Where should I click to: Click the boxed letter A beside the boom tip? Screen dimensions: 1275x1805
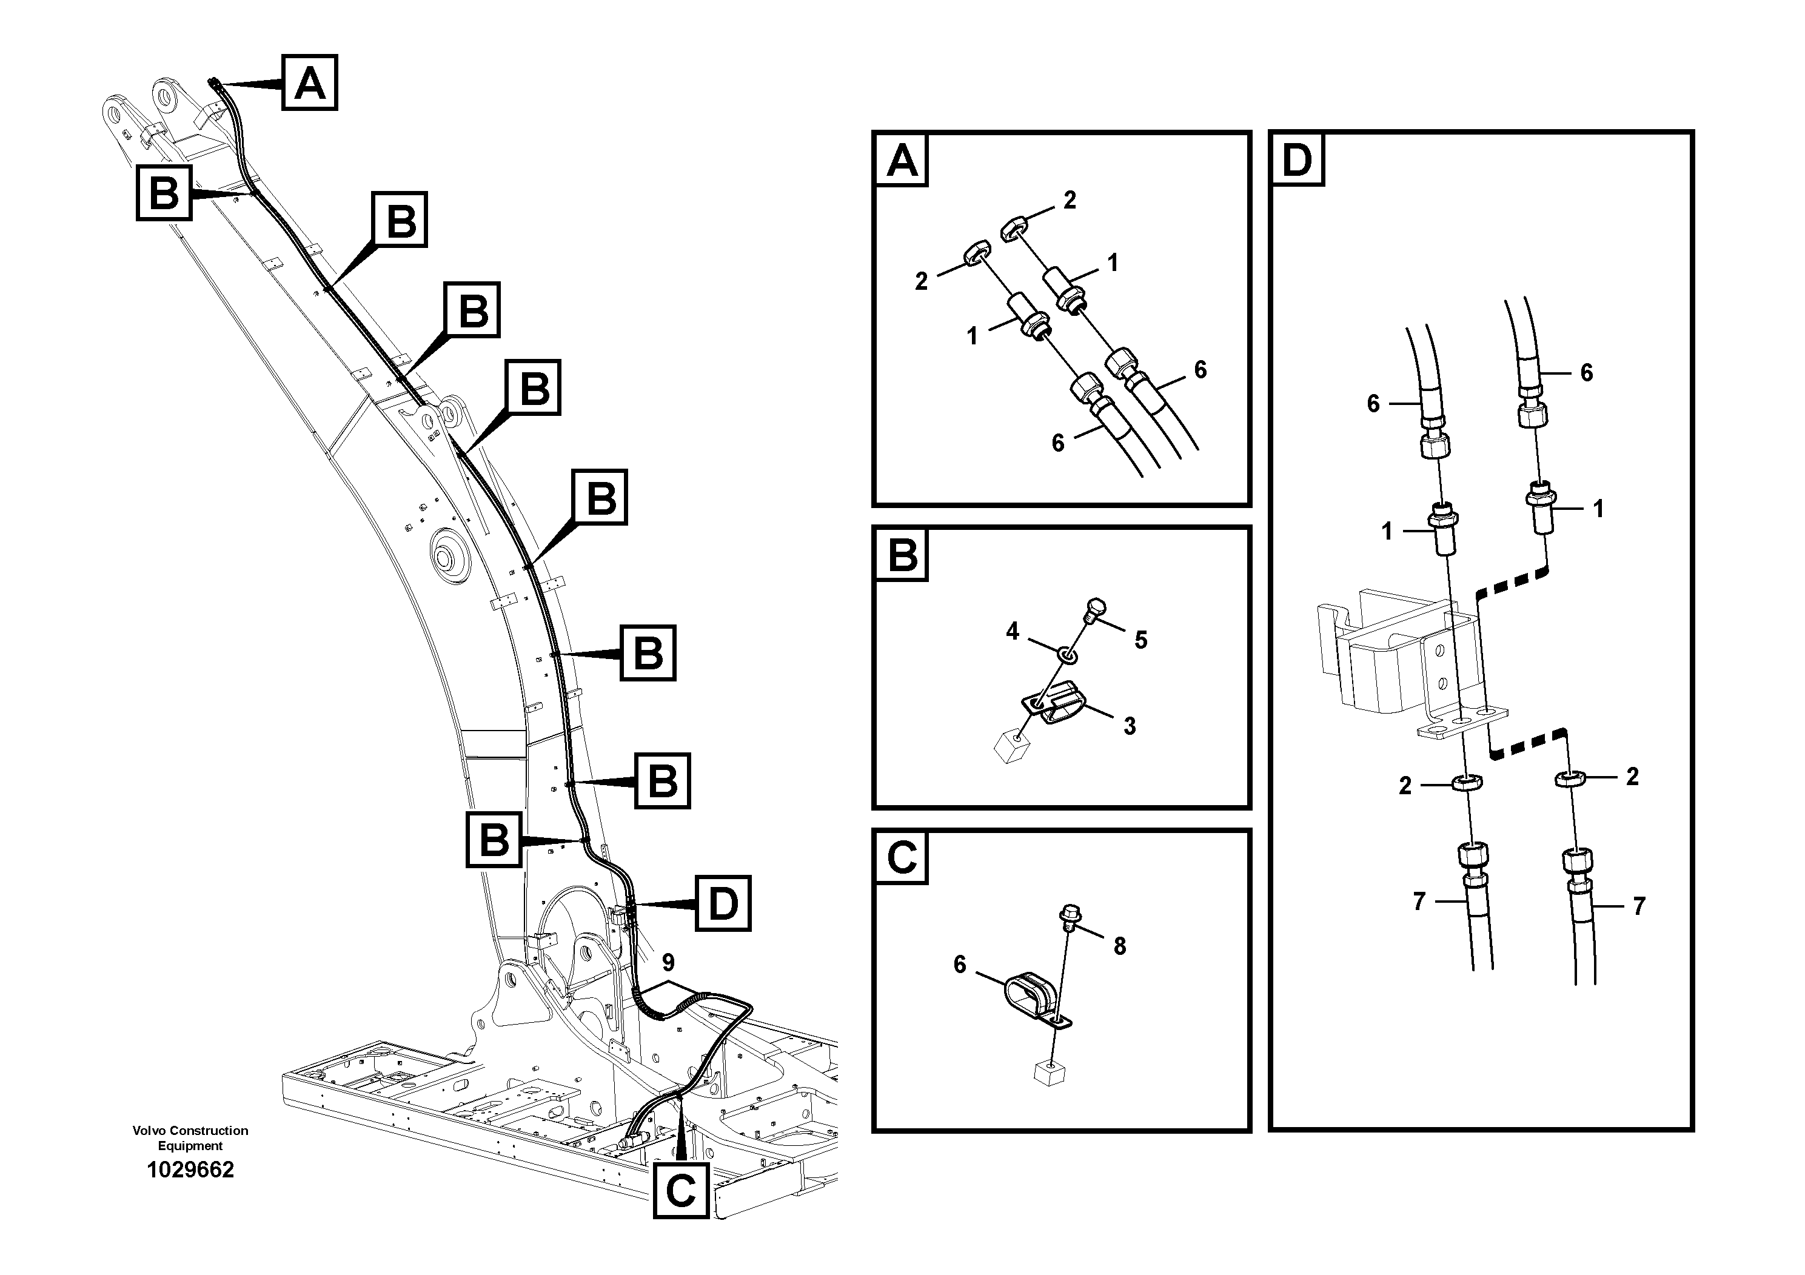[x=310, y=82]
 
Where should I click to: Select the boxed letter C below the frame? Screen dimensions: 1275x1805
[x=681, y=1190]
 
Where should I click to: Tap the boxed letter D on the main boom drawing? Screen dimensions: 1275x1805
[x=723, y=904]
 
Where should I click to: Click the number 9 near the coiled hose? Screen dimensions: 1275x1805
[x=668, y=962]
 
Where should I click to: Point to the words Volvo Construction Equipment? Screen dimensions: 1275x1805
[x=190, y=1137]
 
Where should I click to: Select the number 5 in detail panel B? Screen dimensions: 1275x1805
[x=1140, y=640]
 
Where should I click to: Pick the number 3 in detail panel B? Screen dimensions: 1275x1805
[x=1130, y=726]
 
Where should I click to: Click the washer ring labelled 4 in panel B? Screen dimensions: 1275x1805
[x=1066, y=654]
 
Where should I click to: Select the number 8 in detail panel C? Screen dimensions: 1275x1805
[x=1119, y=946]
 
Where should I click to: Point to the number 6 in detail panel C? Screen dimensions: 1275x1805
[x=960, y=965]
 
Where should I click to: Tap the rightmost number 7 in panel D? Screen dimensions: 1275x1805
[x=1639, y=906]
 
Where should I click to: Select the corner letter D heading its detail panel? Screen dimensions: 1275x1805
[x=1296, y=159]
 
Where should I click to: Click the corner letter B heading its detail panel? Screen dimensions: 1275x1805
[x=902, y=555]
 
